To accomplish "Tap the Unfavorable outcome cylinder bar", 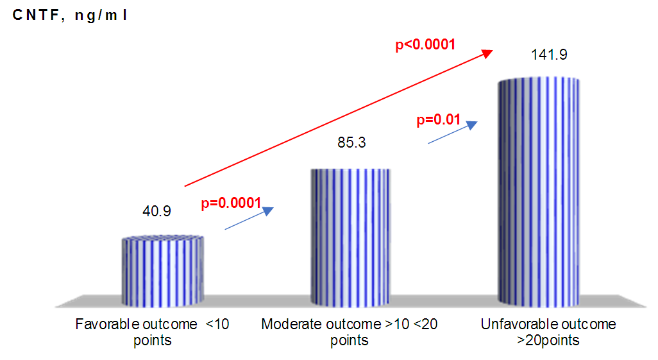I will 539,193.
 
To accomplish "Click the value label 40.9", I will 156,210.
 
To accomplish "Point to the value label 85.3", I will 351,142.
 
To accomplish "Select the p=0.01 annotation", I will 439,119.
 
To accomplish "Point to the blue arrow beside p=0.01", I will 453,133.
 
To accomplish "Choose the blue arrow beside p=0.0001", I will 249,219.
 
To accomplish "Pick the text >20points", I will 548,340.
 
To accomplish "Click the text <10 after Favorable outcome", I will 217,324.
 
